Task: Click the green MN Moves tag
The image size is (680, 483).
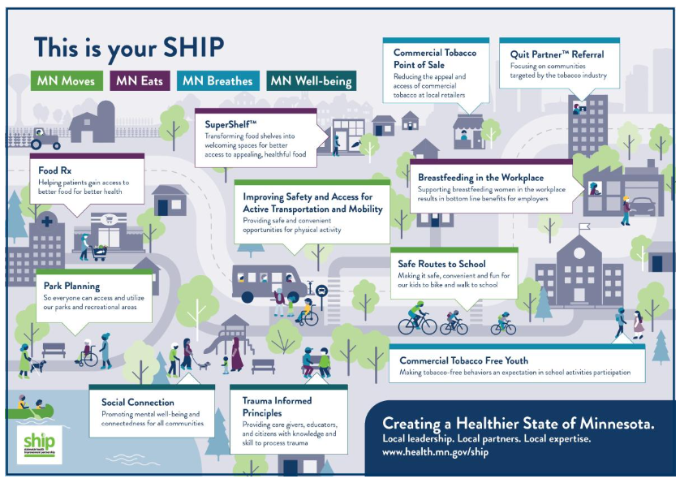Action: (67, 80)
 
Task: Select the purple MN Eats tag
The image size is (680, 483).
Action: (140, 80)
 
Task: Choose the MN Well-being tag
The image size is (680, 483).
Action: (311, 80)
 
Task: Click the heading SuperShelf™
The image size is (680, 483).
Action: (231, 125)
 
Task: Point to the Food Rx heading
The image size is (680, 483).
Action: (55, 170)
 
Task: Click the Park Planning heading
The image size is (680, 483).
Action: (71, 286)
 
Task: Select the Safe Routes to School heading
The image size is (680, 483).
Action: (441, 264)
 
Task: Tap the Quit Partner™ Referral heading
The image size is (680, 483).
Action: (557, 54)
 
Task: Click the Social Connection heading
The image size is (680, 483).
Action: (138, 402)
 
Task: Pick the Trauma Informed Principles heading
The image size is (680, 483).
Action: (277, 406)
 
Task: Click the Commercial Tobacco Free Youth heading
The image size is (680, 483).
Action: (463, 360)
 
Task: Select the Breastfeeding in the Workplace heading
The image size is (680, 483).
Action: (480, 177)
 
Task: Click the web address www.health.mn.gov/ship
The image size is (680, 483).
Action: (436, 451)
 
